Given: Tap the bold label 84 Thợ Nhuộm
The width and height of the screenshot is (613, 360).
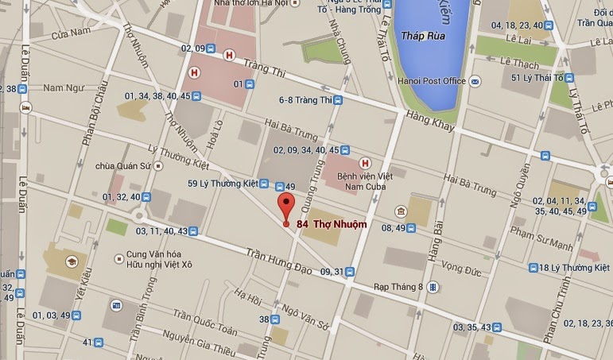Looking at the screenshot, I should click(332, 224).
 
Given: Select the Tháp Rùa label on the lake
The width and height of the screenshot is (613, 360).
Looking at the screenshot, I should click(423, 37).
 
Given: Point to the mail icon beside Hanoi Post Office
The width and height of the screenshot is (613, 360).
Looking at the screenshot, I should click(475, 81).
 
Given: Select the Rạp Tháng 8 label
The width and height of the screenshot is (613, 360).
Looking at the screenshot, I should click(398, 286).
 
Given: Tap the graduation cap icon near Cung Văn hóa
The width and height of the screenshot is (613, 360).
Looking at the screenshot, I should click(70, 261).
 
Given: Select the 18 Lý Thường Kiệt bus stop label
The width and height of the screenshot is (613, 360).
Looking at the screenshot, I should click(572, 268).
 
